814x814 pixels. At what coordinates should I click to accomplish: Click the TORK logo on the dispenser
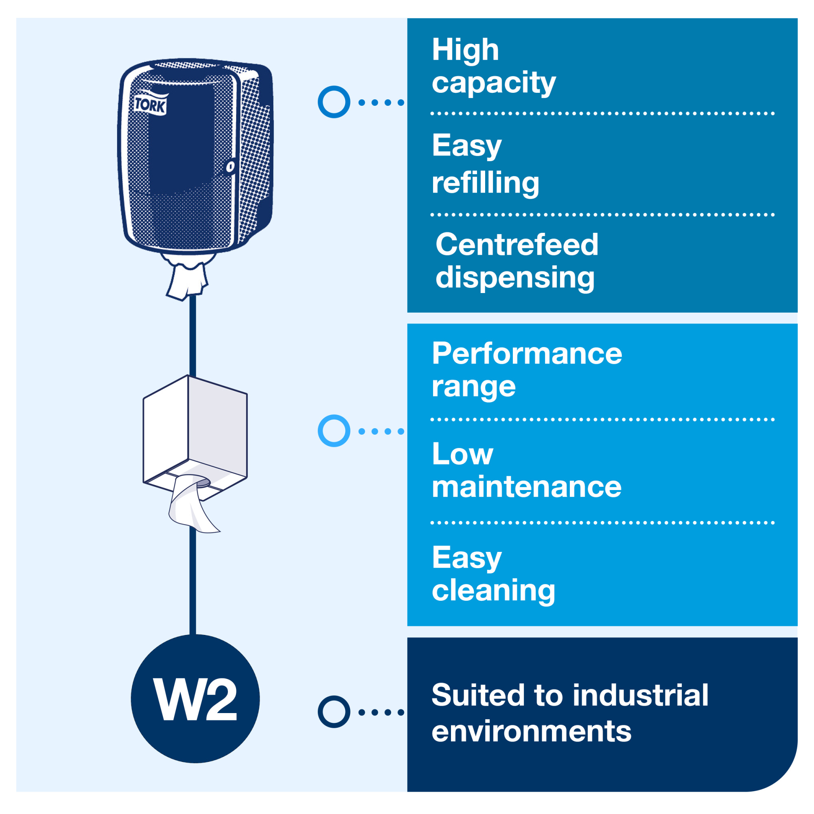(151, 105)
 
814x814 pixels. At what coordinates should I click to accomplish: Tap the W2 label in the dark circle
(195, 700)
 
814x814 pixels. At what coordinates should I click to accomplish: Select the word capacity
(493, 83)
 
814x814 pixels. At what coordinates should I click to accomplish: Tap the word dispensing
(514, 278)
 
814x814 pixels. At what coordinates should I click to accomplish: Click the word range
(473, 387)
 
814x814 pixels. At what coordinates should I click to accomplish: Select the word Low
(462, 454)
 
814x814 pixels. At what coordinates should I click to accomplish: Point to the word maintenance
(526, 487)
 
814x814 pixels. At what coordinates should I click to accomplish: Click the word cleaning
(493, 590)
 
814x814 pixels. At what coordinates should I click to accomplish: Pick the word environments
(531, 731)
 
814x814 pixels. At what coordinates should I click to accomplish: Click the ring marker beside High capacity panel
(334, 102)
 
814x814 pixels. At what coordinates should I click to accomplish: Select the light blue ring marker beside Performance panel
(334, 431)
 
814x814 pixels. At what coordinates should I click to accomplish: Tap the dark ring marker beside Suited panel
(334, 712)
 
